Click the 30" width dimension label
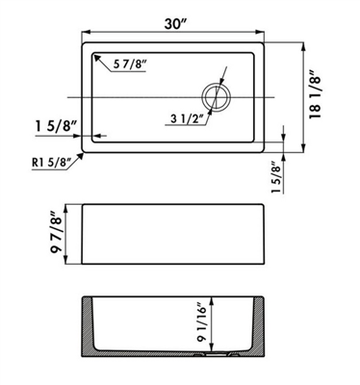[x=176, y=24]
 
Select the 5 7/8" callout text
[x=130, y=64]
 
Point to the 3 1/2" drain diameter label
[x=188, y=119]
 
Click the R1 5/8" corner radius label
[x=52, y=163]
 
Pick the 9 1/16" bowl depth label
[x=201, y=322]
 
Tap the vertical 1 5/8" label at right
[x=277, y=177]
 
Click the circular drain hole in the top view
[x=216, y=97]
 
